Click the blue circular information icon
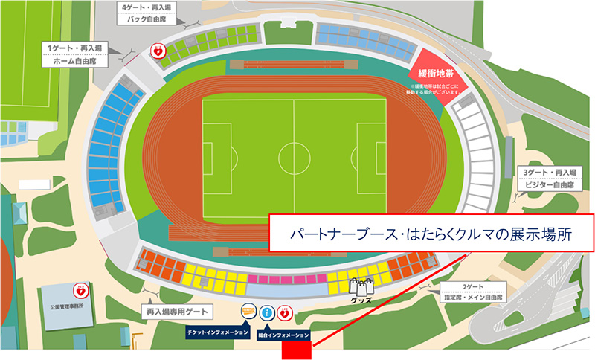[x=266, y=314]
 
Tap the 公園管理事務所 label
[x=71, y=303]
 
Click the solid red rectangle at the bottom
[x=296, y=348]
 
